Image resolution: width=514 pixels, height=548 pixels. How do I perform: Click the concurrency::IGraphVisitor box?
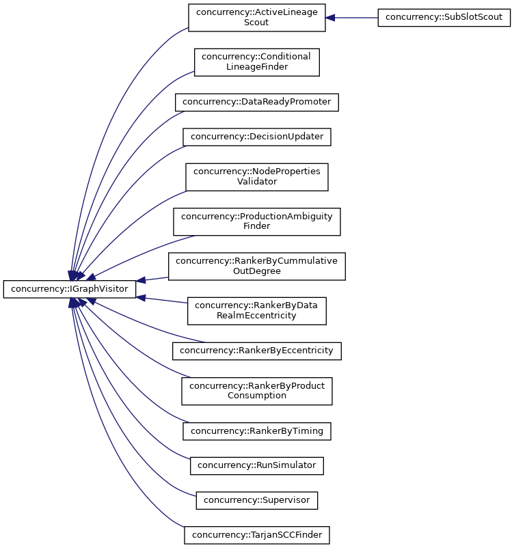70,289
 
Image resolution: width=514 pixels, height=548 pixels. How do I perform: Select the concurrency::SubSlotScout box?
444,18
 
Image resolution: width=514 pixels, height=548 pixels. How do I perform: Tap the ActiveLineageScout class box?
256,18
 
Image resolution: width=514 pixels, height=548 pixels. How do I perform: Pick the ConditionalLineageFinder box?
256,62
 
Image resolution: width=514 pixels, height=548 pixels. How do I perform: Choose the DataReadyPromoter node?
257,102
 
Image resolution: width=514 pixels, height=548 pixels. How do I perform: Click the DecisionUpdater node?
257,137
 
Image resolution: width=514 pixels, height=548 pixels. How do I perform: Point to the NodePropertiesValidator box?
256,177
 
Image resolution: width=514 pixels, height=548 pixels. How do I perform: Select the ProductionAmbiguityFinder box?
256,221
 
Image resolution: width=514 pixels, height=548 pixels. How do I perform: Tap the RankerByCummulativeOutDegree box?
256,266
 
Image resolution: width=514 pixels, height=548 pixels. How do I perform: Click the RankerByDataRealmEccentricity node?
256,310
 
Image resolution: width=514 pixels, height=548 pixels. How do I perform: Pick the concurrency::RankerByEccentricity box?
256,351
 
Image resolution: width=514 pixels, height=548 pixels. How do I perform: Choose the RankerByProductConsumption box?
256,391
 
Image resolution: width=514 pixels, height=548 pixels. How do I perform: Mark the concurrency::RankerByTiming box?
257,431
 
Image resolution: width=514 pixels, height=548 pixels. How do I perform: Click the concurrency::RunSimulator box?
256,465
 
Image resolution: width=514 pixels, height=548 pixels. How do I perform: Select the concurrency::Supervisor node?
257,500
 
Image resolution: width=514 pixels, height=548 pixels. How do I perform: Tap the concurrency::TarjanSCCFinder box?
256,534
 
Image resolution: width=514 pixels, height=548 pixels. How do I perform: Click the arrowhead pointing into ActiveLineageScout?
330,18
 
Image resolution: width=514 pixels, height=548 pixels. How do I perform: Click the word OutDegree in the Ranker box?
256,271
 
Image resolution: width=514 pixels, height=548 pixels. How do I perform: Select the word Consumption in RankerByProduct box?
256,396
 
